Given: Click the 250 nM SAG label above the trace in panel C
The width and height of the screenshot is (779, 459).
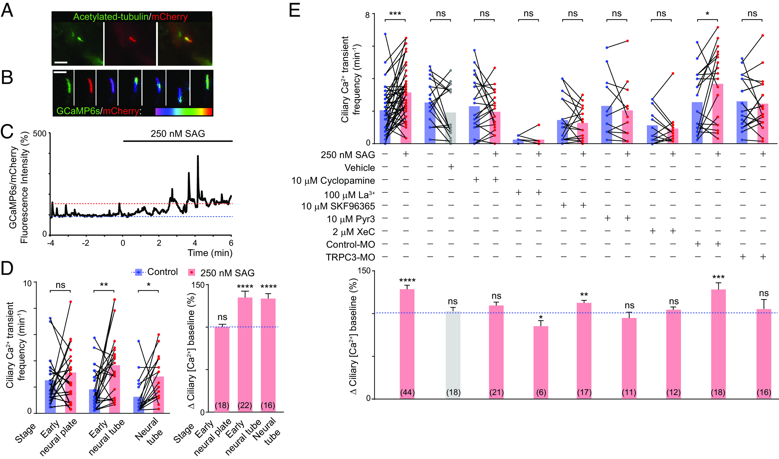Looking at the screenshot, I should click(178, 134).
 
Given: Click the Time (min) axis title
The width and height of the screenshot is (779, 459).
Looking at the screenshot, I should click(210, 253).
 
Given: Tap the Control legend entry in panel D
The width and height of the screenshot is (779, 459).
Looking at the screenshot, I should click(162, 272).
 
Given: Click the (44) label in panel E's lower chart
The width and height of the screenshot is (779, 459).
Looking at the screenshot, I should click(407, 393).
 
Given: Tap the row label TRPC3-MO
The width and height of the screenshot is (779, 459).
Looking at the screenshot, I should click(350, 257).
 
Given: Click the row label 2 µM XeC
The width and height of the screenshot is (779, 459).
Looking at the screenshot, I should click(353, 232).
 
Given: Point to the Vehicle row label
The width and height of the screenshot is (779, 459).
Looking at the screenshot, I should click(360, 168).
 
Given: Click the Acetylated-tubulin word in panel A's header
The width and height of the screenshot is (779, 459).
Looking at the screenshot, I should click(111, 17).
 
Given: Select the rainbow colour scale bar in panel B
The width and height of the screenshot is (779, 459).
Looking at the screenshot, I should click(184, 112).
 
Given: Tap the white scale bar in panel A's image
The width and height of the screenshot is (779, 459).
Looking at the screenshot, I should click(61, 62).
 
